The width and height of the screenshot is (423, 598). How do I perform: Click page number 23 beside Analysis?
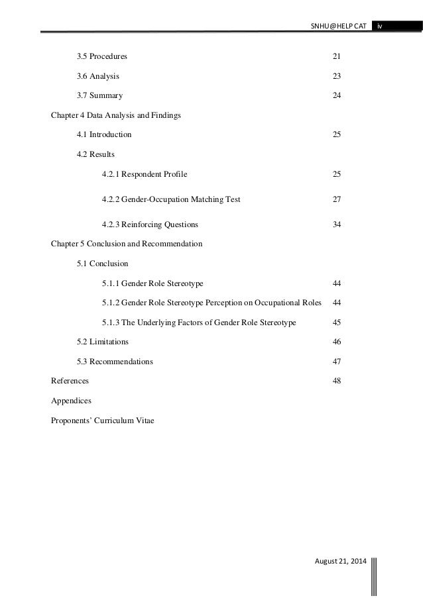click(x=337, y=76)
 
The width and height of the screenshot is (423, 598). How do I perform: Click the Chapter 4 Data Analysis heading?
click(x=116, y=115)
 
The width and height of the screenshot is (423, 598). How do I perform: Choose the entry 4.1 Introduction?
click(x=104, y=134)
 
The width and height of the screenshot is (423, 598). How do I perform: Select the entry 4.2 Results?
click(x=95, y=154)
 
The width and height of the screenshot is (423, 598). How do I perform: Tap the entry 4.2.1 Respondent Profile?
click(x=145, y=174)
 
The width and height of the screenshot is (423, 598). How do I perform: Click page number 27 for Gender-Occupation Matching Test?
click(x=337, y=199)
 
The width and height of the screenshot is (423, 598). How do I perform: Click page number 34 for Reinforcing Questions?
click(x=337, y=224)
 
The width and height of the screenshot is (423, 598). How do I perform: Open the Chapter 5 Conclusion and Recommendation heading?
click(x=127, y=244)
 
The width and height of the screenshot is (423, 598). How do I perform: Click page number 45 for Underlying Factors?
click(x=337, y=323)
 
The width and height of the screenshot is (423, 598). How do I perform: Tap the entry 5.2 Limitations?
click(x=103, y=342)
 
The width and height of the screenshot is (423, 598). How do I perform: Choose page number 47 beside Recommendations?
click(x=337, y=362)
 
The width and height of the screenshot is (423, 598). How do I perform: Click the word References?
click(x=70, y=381)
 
